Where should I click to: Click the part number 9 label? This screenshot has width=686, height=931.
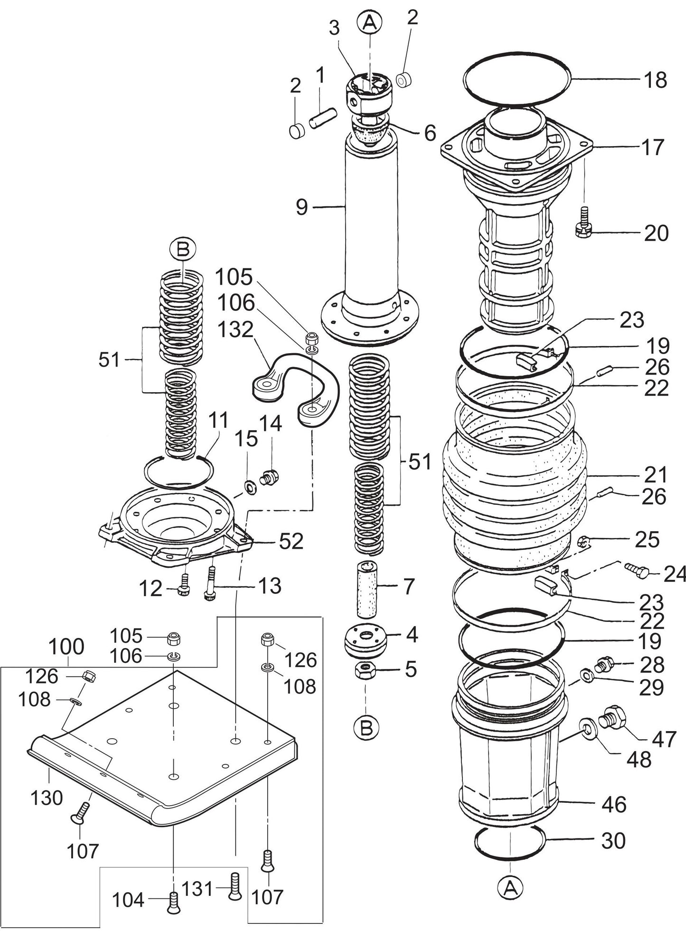point(302,207)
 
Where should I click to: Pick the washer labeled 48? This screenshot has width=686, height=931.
point(587,727)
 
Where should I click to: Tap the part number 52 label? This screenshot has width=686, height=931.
point(291,541)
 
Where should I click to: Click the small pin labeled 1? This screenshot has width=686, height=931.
point(323,118)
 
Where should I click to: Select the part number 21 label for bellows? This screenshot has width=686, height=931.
point(656,475)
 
